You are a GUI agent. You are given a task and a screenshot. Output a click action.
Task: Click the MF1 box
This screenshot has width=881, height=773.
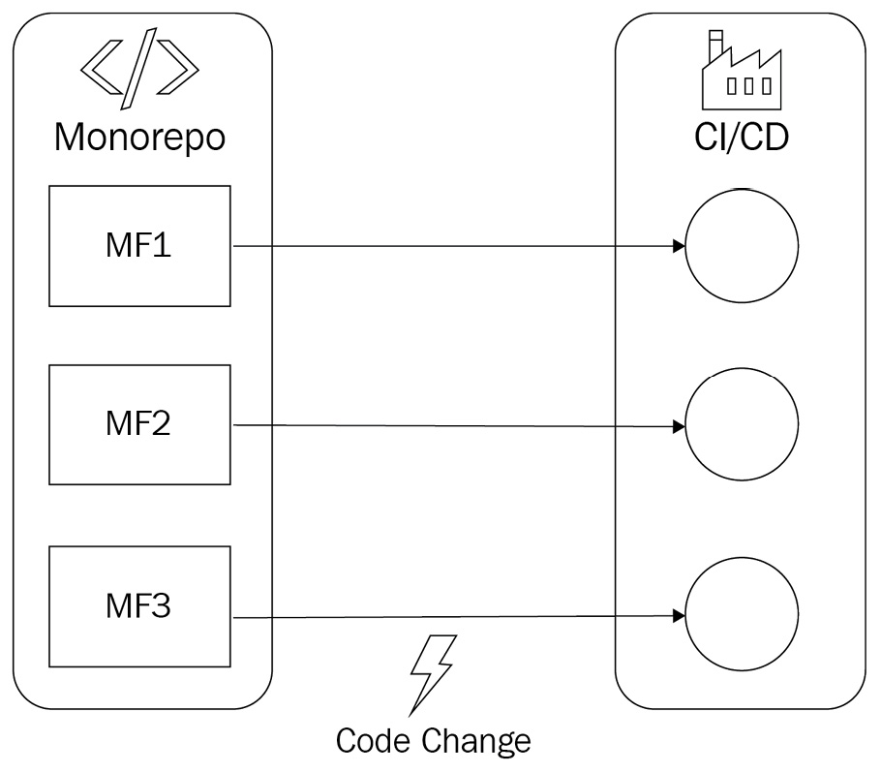[x=139, y=246]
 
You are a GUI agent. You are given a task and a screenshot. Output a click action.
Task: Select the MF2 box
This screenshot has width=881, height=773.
[x=139, y=424]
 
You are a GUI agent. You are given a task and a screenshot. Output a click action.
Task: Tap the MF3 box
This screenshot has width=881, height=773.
[x=139, y=606]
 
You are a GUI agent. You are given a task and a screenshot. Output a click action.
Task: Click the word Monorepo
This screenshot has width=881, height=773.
[x=139, y=137]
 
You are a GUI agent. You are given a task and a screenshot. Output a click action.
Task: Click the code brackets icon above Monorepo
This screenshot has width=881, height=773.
[x=139, y=70]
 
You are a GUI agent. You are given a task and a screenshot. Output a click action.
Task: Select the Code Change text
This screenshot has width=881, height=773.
[x=433, y=741]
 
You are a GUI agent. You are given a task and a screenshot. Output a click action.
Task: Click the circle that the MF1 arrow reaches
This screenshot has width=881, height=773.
[x=742, y=246]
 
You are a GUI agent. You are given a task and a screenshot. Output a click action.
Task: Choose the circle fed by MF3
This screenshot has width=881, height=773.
[x=742, y=616]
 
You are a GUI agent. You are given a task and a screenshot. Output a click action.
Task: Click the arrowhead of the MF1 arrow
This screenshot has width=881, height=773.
[x=680, y=247]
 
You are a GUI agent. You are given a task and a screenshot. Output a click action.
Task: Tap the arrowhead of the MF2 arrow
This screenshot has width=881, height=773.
[x=680, y=425]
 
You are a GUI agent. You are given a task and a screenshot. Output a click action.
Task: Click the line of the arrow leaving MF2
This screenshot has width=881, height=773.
[x=455, y=425]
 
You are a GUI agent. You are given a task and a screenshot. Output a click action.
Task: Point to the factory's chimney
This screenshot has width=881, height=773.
[x=714, y=46]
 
